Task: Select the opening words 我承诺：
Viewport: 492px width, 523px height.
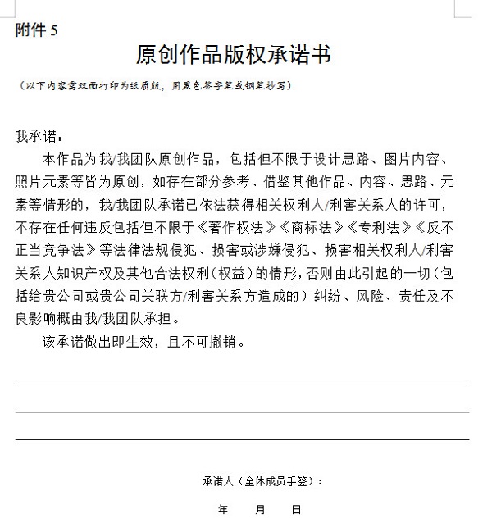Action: pyautogui.click(x=39, y=136)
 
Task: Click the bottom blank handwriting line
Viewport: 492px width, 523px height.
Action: pyautogui.click(x=242, y=440)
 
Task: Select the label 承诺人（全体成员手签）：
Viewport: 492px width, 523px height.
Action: pyautogui.click(x=263, y=481)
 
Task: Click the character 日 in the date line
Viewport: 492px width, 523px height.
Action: pyautogui.click(x=297, y=510)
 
